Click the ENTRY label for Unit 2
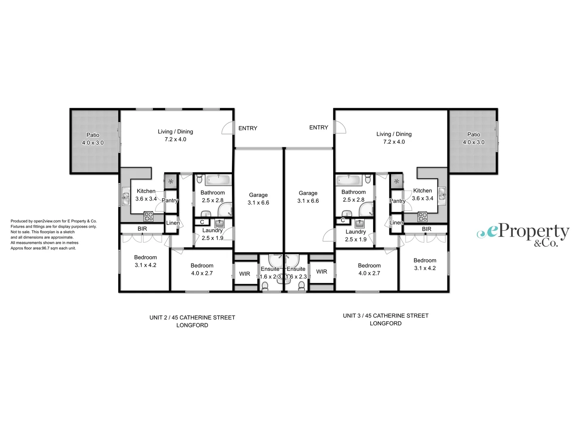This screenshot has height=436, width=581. (x=248, y=128)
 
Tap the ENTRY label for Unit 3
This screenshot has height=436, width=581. (x=318, y=128)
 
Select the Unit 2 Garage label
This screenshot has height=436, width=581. (x=258, y=195)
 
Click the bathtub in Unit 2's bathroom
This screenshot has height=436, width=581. (x=218, y=180)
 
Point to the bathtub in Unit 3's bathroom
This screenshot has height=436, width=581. (x=349, y=180)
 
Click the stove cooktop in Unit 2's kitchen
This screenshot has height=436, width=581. (x=148, y=217)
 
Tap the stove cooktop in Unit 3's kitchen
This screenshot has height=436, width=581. (x=422, y=217)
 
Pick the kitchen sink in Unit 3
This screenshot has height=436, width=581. (x=442, y=194)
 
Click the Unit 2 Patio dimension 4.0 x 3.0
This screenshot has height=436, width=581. (x=93, y=143)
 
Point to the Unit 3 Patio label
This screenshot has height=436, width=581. (x=474, y=134)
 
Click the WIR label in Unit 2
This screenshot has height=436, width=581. (x=245, y=274)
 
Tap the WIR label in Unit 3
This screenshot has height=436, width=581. (x=322, y=272)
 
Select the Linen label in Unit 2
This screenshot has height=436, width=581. (x=173, y=223)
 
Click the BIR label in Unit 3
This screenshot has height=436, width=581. (x=426, y=229)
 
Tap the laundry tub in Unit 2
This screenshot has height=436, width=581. (x=219, y=223)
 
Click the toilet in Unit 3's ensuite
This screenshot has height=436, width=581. (x=301, y=286)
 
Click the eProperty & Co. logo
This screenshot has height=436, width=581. (x=523, y=235)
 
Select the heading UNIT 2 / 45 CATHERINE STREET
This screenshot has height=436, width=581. (x=192, y=318)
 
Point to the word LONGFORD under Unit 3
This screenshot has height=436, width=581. (x=385, y=323)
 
